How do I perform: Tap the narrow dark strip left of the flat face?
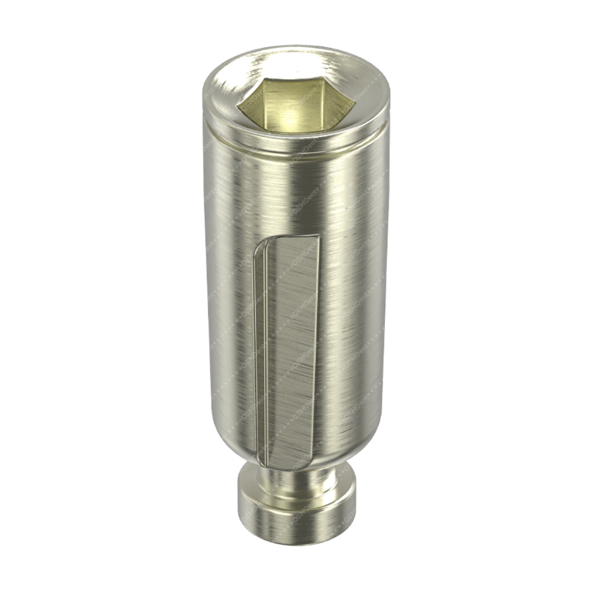[x=260, y=355]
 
